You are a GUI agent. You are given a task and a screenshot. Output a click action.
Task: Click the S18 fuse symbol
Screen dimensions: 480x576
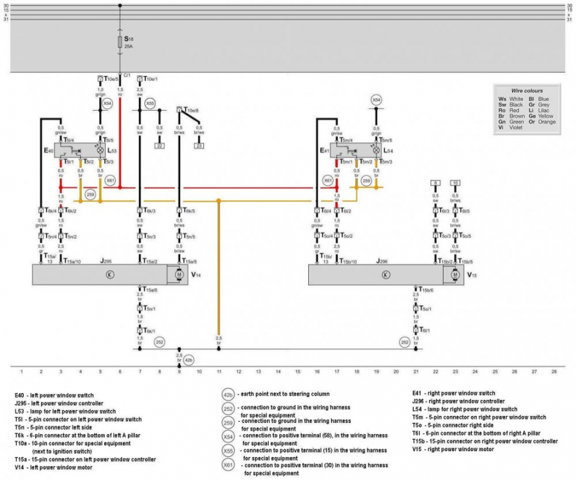pyautogui.click(x=120, y=43)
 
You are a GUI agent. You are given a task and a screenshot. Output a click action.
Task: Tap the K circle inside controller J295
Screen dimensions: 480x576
pyautogui.click(x=109, y=274)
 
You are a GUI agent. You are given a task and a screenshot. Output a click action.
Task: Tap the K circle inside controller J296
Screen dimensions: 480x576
pyautogui.click(x=385, y=274)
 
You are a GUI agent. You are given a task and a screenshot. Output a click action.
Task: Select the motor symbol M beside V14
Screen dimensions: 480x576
pyautogui.click(x=178, y=274)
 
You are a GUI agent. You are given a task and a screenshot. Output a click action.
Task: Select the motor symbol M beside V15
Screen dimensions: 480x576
pyautogui.click(x=455, y=274)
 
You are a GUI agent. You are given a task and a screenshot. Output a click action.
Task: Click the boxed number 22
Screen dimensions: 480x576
pyautogui.click(x=159, y=147)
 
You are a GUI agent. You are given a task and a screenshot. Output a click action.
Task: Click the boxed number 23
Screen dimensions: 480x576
pyautogui.click(x=199, y=147)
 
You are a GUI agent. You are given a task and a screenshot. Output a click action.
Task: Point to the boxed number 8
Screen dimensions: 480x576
pyautogui.click(x=435, y=182)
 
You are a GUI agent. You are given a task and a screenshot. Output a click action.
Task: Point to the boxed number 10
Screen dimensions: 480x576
pyautogui.click(x=455, y=182)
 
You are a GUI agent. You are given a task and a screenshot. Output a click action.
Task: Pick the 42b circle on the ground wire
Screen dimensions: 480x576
pyautogui.click(x=189, y=360)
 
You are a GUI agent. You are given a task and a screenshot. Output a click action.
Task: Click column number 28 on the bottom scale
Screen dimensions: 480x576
pyautogui.click(x=554, y=371)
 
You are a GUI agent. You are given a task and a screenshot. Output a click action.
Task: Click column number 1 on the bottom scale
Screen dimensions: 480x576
pyautogui.click(x=22, y=371)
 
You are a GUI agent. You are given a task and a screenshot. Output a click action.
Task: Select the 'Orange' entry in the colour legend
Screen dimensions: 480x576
pyautogui.click(x=547, y=122)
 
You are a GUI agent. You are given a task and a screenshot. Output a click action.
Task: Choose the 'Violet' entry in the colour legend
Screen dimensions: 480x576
pyautogui.click(x=515, y=127)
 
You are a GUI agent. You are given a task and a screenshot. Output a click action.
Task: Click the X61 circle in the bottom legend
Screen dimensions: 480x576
pyautogui.click(x=228, y=465)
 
